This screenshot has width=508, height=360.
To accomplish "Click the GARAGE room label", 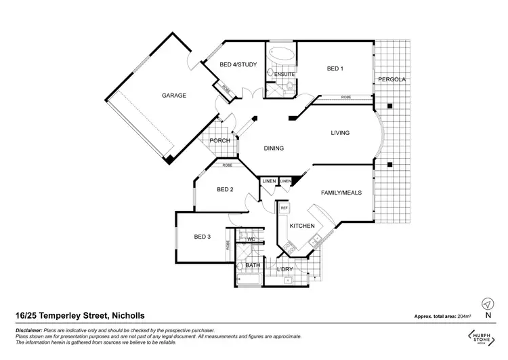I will pyautogui.click(x=173, y=96).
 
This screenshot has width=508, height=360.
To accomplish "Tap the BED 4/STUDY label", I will pyautogui.click(x=238, y=65).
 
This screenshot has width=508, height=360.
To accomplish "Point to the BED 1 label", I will pyautogui.click(x=335, y=68).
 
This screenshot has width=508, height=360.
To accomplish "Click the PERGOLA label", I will pyautogui.click(x=391, y=79).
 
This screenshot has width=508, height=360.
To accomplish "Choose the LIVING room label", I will pyautogui.click(x=340, y=133).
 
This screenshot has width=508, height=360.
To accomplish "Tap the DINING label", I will pyautogui.click(x=273, y=148).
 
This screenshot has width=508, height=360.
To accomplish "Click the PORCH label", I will pyautogui.click(x=220, y=141).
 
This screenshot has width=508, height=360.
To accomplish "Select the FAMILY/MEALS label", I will pyautogui.click(x=341, y=193).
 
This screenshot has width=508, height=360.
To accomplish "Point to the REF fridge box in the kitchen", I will pyautogui.click(x=284, y=208).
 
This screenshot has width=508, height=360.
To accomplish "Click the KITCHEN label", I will pyautogui.click(x=301, y=225).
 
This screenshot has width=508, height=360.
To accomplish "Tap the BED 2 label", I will pyautogui.click(x=225, y=190).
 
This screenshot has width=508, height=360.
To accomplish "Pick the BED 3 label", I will pyautogui.click(x=203, y=237).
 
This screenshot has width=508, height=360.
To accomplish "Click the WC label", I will pyautogui.click(x=250, y=239).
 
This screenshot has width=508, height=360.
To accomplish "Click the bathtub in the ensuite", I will pyautogui.click(x=279, y=54).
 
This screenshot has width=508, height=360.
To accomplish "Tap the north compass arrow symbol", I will pyautogui.click(x=487, y=303).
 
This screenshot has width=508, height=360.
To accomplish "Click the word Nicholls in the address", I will pyautogui.click(x=127, y=316).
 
